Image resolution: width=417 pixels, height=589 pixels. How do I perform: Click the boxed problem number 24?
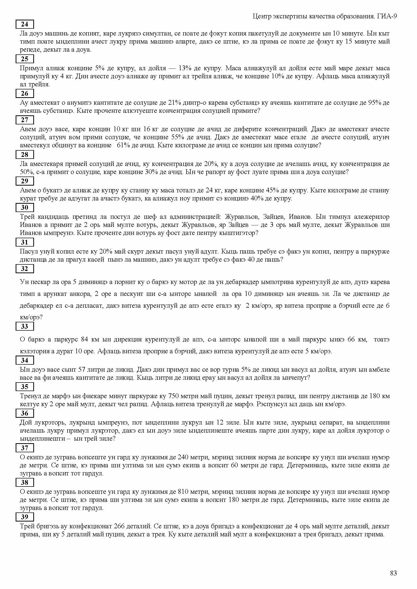point(25,24)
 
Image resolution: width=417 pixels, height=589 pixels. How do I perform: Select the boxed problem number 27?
point(25,120)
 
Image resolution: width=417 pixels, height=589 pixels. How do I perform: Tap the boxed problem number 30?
point(25,207)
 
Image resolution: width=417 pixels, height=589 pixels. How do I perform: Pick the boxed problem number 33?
point(25,326)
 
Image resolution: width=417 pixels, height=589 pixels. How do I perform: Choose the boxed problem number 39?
point(25,517)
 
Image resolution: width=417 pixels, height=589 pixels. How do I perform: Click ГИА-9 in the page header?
point(387,17)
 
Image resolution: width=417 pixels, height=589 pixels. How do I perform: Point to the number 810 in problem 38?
point(183,492)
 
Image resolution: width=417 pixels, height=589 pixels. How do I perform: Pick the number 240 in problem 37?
point(183,457)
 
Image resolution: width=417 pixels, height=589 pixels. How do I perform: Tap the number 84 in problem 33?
point(84,339)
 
